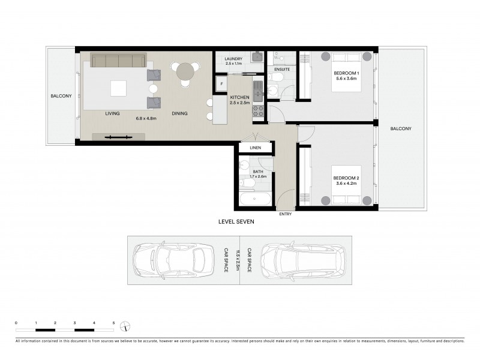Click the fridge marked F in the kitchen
tap(221, 83)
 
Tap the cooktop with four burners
tap(258, 110)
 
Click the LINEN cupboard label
tap(254, 147)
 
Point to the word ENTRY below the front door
tap(286, 213)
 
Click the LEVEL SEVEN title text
tap(236, 222)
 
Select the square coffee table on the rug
tap(118, 89)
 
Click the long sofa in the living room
tap(118, 60)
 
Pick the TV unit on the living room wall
tap(118, 137)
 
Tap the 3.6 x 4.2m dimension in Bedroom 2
tap(346, 183)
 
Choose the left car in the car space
tap(174, 260)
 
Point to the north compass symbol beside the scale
tap(125, 327)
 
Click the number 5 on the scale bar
tap(113, 323)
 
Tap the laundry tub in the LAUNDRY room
tap(257, 58)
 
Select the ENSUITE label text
tap(282, 70)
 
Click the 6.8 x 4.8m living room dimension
tap(146, 118)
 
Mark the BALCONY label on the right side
tap(400, 128)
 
